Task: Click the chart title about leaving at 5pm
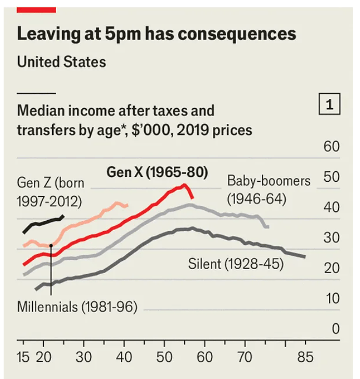156,34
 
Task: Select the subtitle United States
61,62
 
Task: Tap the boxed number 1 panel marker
329,105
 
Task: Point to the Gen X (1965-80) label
157,172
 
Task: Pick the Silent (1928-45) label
236,264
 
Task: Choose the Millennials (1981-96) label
77,306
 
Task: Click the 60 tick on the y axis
331,147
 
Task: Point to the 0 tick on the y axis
336,329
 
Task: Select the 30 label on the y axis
331,238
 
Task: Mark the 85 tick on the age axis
305,358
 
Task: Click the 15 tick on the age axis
23,358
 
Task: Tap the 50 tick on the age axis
164,358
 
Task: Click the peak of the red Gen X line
184,185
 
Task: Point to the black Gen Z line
42,223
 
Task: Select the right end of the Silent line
305,257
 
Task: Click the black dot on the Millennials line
51,245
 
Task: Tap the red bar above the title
36,9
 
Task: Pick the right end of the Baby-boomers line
267,226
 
